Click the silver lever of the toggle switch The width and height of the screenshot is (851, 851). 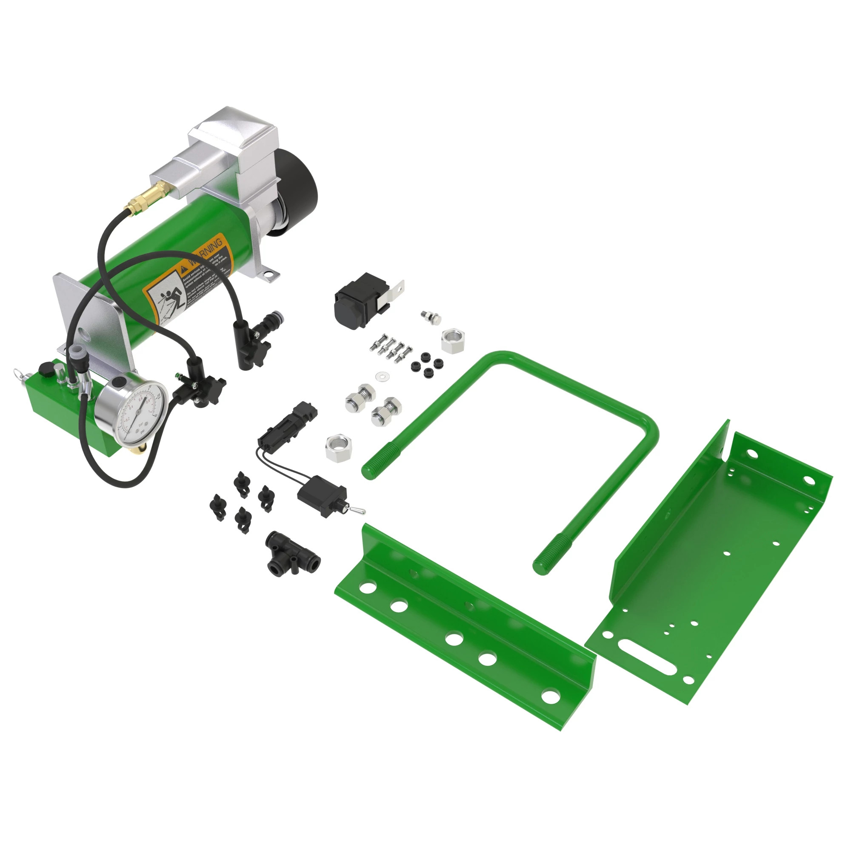pos(360,511)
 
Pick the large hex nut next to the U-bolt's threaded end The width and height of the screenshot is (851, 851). pos(338,448)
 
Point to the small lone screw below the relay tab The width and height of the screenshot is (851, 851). pos(430,317)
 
